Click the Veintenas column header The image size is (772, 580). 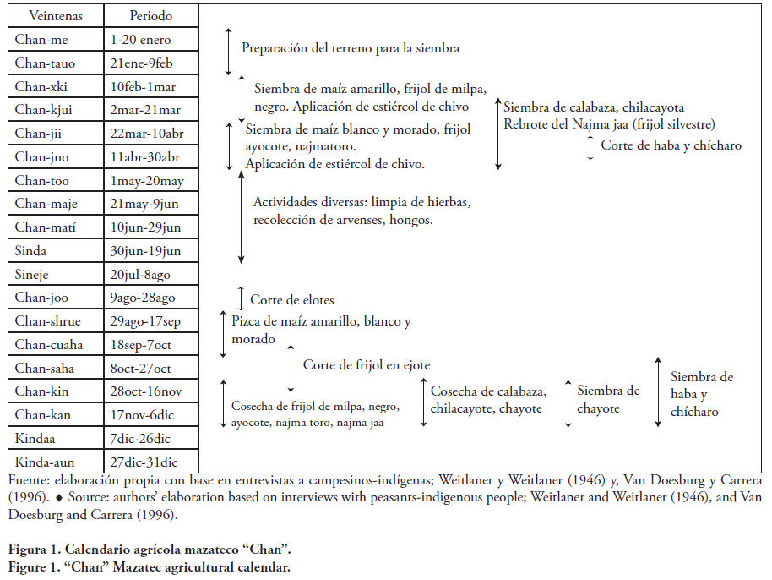click(55, 16)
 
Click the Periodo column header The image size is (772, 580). click(151, 16)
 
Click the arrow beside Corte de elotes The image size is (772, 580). click(242, 298)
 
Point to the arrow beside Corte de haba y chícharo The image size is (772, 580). click(590, 147)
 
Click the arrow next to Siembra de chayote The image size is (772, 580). click(568, 397)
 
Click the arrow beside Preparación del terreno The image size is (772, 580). click(228, 50)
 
